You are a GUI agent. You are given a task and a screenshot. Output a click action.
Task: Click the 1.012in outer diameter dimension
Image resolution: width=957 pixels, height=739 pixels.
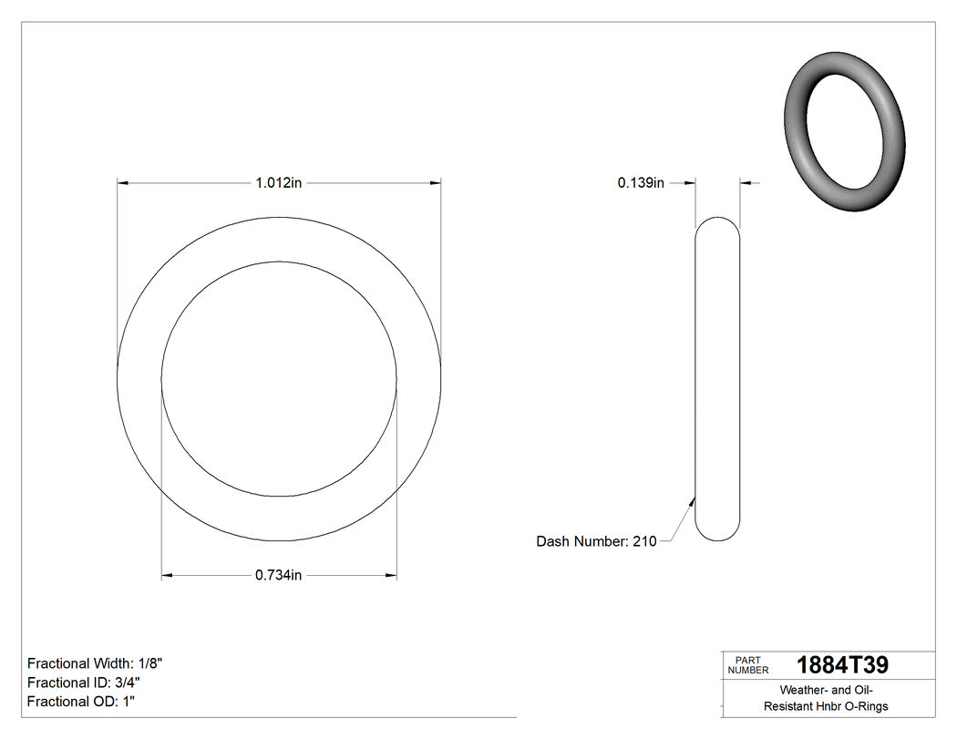click(278, 183)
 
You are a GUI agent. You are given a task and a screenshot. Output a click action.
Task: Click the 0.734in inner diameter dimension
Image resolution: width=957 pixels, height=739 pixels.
click(278, 575)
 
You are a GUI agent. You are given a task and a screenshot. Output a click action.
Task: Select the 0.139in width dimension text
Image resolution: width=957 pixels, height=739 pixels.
click(641, 183)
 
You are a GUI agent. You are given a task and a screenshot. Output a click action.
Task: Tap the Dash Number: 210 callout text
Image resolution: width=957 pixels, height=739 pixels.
click(596, 541)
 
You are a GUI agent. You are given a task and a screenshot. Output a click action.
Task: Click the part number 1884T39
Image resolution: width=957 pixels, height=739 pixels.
click(842, 664)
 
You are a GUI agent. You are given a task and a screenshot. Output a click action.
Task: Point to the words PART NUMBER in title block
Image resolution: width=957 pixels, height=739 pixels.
click(747, 664)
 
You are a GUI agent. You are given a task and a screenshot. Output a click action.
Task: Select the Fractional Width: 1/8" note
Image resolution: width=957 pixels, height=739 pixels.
click(95, 663)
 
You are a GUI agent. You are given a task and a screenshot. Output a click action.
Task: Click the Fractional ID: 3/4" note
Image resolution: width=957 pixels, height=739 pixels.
click(84, 683)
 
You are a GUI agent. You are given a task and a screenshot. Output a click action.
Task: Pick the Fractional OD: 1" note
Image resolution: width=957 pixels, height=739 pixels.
click(81, 702)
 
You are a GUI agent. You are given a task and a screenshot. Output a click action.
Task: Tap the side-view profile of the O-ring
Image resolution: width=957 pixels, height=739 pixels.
click(717, 379)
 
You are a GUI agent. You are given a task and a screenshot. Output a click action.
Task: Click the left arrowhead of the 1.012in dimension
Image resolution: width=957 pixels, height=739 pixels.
click(124, 183)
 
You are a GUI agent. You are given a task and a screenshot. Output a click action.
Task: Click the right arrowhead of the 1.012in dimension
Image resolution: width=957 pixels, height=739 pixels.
click(435, 183)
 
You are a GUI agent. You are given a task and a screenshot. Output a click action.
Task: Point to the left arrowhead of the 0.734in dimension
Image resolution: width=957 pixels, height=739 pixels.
click(168, 575)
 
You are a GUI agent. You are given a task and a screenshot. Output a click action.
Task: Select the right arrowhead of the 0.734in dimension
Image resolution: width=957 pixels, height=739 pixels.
click(391, 575)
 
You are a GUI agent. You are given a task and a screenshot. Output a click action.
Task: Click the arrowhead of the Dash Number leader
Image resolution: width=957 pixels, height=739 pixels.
click(694, 499)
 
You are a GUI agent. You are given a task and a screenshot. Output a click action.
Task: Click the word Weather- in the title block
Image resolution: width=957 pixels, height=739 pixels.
click(803, 691)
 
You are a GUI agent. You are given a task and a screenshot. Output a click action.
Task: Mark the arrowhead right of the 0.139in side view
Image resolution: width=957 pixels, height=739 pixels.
click(746, 183)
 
